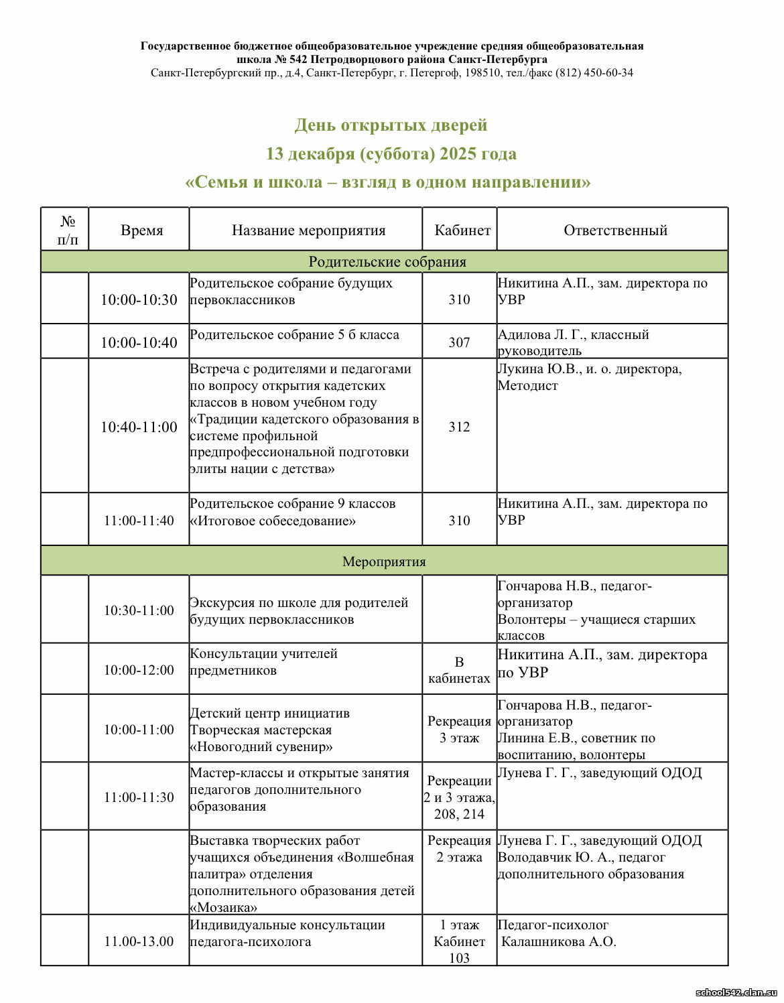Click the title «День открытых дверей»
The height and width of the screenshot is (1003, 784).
pos(391,125)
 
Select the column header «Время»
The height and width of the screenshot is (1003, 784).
pos(141,230)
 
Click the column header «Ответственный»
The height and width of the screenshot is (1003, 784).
pos(615,230)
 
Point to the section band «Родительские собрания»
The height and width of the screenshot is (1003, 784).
pos(387,262)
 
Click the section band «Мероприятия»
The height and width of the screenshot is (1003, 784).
pos(384,561)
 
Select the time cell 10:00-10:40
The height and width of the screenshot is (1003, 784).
pos(139,342)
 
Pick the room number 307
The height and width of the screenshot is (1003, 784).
pos(459,342)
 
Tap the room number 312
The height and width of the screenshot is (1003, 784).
pos(459,427)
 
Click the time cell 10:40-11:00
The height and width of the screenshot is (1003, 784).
pos(139,427)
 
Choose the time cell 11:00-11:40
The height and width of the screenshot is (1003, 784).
pos(139,521)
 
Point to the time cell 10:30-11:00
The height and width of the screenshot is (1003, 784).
pos(139,610)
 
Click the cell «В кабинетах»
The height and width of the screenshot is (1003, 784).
pos(459,670)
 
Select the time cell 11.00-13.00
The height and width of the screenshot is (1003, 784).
pos(139,941)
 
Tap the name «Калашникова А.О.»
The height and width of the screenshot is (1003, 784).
pos(558,941)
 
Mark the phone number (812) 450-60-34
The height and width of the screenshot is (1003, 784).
pos(594,72)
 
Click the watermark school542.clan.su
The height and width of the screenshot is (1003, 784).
pos(736,992)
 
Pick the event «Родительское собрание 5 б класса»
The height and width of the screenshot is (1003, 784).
pos(294,334)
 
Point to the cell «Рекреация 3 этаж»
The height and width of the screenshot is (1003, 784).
pos(459,730)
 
